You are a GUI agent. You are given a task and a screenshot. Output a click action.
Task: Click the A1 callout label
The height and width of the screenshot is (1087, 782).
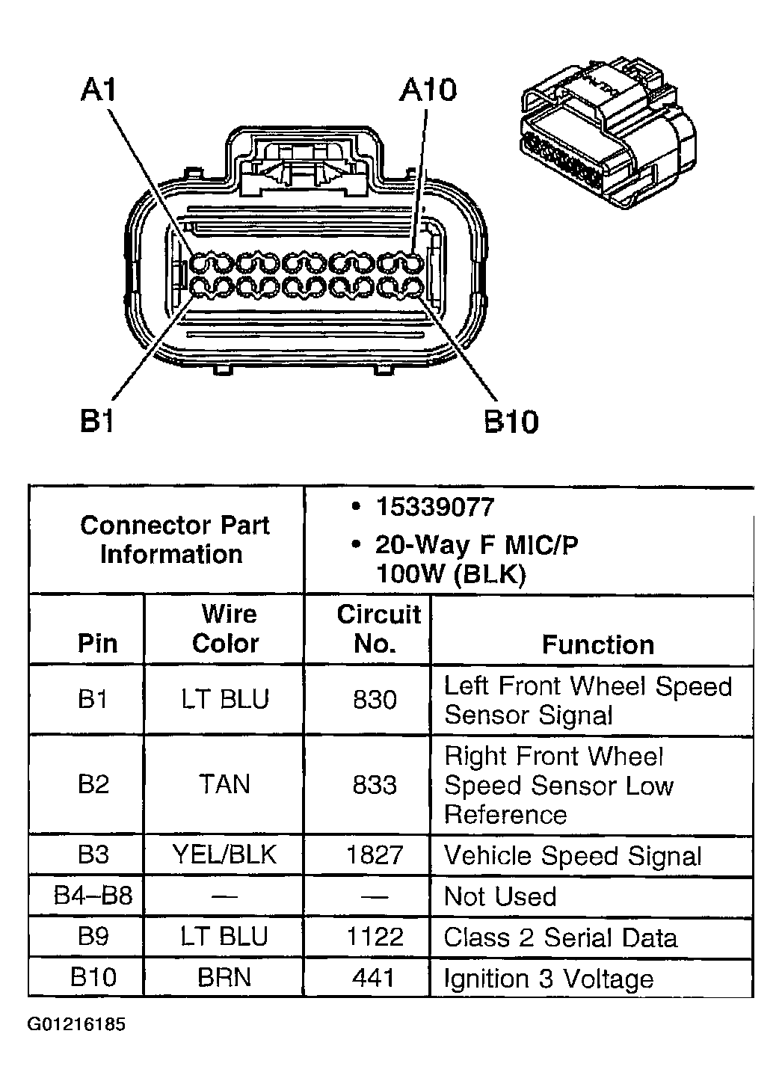(99, 90)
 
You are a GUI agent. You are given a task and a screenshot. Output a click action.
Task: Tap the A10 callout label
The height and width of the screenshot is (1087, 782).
(427, 90)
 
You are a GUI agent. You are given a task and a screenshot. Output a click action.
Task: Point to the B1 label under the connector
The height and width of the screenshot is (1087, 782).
(96, 422)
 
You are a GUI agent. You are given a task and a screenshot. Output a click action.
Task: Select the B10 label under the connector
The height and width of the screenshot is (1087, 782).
(511, 422)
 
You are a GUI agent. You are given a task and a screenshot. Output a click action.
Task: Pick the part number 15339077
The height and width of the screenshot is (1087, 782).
(435, 508)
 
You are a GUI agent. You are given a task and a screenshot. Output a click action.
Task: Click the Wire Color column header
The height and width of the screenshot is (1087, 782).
(227, 629)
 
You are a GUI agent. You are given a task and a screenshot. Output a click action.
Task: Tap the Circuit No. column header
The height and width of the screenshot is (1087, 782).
(378, 629)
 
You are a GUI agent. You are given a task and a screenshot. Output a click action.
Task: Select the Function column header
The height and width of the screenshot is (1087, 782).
(597, 644)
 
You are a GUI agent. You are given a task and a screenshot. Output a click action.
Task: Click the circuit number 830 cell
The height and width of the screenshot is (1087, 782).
(375, 700)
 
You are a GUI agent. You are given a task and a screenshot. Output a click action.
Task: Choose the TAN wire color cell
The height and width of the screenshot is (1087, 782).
(225, 784)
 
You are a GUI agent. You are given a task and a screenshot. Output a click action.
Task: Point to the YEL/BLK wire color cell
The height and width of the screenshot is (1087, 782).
(225, 854)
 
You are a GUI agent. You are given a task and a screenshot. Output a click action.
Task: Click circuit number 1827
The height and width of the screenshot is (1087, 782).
(375, 854)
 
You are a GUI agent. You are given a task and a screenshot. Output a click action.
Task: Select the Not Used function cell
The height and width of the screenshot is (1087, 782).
(500, 896)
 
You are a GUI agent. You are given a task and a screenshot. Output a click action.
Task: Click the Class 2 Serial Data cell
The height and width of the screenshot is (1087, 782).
(560, 937)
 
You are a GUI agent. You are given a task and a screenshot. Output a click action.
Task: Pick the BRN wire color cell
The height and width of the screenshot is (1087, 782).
(225, 978)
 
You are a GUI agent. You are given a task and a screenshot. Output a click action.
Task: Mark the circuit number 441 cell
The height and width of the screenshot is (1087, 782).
(375, 978)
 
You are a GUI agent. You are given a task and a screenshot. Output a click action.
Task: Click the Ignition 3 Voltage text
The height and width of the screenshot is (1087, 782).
(549, 979)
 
